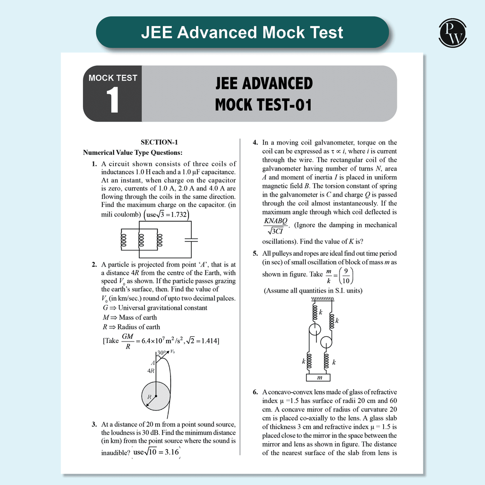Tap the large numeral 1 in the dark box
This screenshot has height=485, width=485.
coord(112,101)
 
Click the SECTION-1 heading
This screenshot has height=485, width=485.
coord(159,142)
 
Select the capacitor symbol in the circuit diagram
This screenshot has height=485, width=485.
coord(191,240)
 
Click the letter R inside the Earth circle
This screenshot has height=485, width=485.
coord(150,396)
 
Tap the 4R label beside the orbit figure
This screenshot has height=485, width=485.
coord(151,371)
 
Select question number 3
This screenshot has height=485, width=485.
coord(95,424)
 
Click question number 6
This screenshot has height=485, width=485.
coord(255,392)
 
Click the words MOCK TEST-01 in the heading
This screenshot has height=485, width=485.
coord(263,104)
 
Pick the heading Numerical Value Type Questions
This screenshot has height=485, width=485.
coord(133,153)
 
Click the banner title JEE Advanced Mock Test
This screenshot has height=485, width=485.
coord(242,32)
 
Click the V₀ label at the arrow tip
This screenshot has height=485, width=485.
coord(172,351)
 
